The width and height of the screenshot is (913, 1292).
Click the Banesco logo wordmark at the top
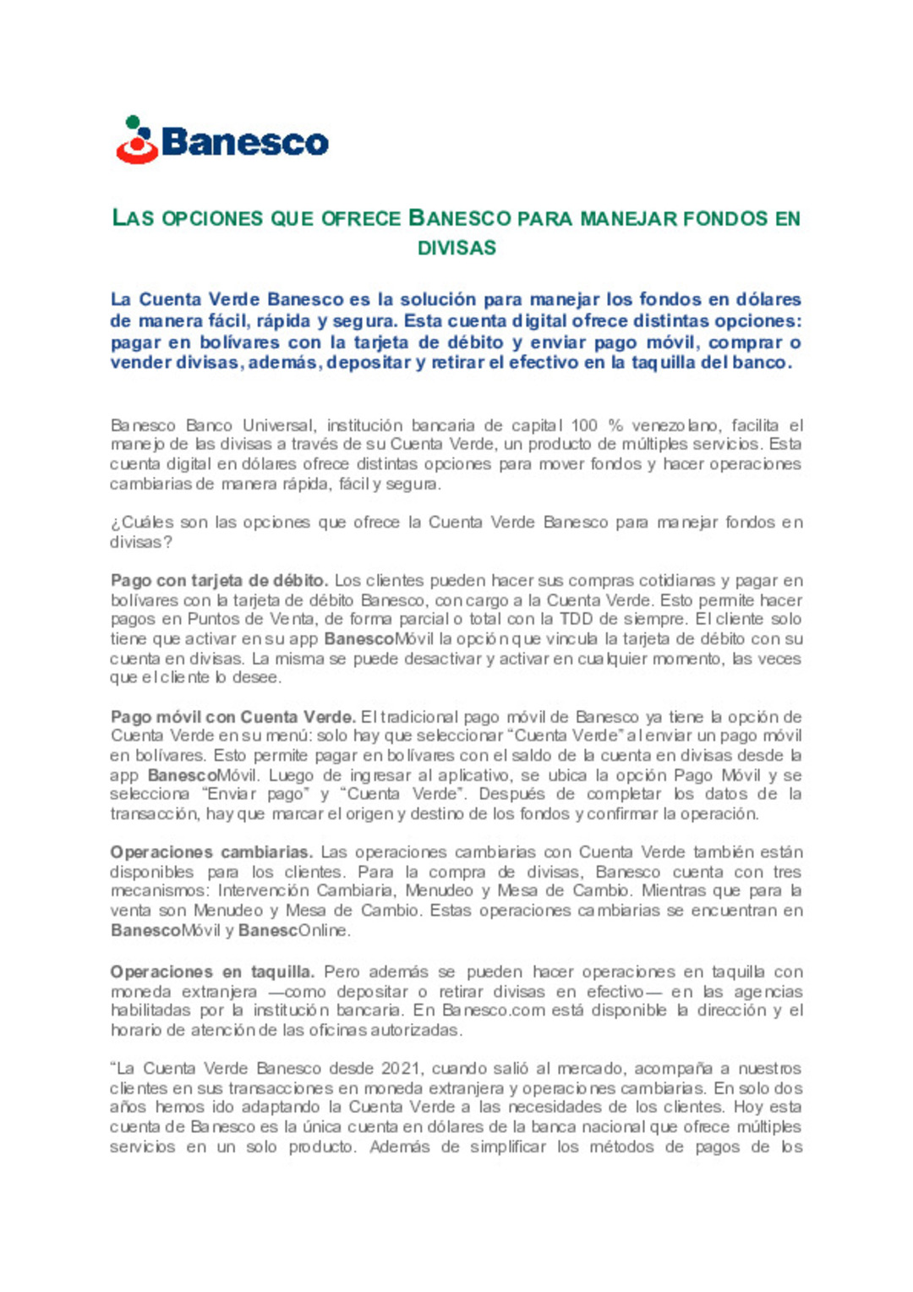244,142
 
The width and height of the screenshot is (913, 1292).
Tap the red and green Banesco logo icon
137,140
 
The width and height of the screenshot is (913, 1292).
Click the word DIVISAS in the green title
456,248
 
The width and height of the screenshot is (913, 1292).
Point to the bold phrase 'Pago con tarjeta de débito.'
219,581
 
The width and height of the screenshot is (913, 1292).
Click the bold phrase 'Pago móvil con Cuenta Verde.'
233,717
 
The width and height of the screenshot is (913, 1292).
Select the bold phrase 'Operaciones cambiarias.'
211,852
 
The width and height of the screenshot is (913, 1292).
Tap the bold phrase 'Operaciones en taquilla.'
212,972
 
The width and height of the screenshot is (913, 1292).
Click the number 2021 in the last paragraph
401,1069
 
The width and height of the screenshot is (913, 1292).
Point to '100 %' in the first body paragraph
597,425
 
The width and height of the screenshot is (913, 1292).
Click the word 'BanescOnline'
293,931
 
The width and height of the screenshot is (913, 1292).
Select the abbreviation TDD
577,620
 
